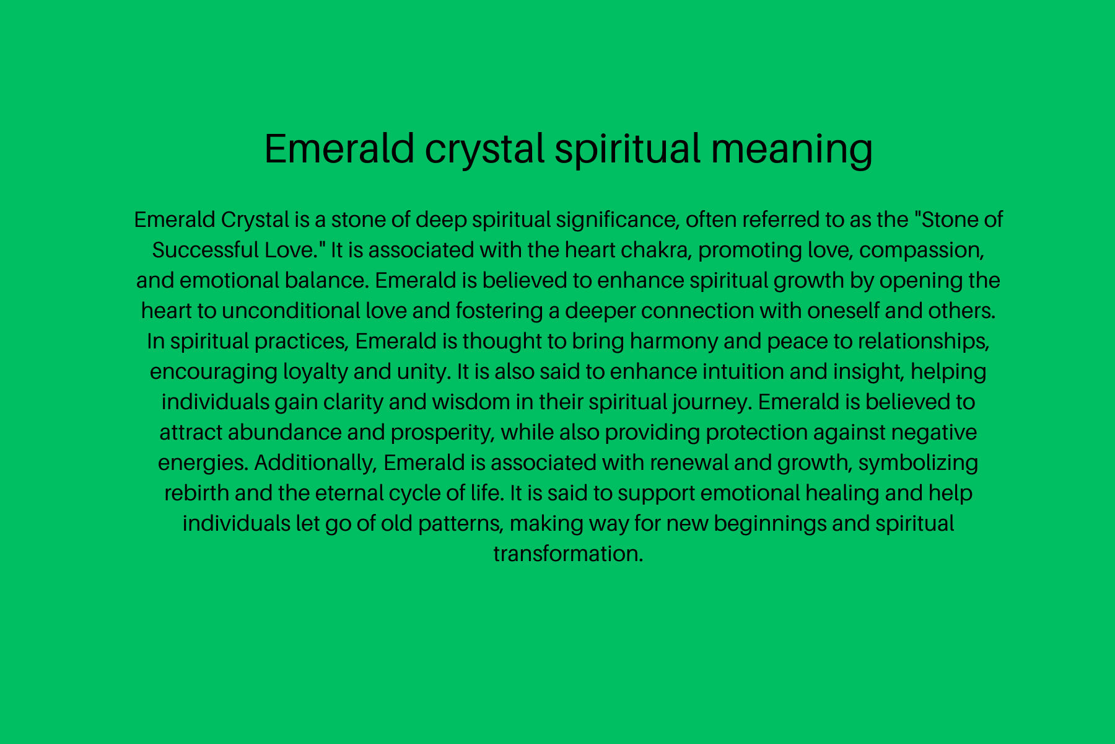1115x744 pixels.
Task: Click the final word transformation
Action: point(568,554)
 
